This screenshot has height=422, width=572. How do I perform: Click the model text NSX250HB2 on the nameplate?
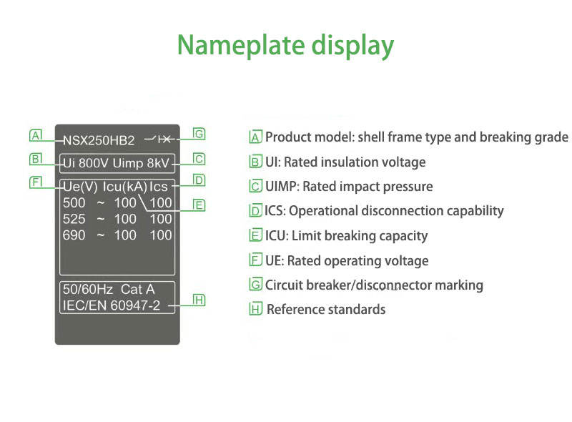99,140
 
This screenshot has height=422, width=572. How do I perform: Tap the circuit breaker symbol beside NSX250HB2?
159,139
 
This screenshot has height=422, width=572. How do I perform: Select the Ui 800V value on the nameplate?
86,163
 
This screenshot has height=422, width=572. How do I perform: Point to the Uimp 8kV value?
141,163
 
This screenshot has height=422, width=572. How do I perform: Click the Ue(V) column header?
80,187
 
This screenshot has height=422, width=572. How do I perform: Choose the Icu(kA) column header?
124,187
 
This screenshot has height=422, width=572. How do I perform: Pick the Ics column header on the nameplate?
158,187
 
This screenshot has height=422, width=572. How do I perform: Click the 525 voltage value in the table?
74,219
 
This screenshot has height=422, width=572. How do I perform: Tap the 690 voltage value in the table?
74,235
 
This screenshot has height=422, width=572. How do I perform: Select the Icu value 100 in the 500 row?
125,202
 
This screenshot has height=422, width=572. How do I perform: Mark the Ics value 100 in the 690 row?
161,235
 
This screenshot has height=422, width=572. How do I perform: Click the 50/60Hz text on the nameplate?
88,289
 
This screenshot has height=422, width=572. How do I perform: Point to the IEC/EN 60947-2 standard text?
112,305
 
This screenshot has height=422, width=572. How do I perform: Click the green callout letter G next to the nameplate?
199,134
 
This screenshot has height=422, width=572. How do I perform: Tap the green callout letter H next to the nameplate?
199,300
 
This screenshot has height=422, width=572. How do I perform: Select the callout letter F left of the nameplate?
36,182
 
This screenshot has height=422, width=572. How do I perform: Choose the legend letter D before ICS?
256,211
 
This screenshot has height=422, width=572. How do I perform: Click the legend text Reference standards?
326,310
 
